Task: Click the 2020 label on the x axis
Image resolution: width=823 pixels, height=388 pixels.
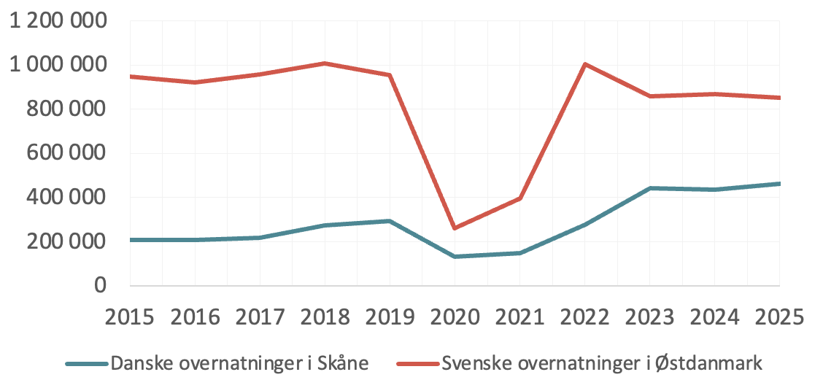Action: [x=455, y=319]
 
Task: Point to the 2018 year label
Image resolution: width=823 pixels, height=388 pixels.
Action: [x=325, y=319]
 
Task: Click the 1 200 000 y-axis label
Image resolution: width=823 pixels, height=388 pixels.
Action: [x=58, y=21]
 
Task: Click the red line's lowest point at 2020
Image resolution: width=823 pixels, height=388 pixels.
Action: [x=455, y=228]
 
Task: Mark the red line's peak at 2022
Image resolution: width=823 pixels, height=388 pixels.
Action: [x=584, y=64]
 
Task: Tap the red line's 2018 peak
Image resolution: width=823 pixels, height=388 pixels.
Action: [x=325, y=63]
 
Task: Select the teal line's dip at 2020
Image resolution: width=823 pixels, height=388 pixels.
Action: [x=455, y=257]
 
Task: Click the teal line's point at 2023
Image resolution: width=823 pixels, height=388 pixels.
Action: [x=649, y=188]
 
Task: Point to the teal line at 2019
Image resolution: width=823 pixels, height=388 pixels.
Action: [x=390, y=221]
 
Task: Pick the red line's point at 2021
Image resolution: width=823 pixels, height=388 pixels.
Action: [x=519, y=198]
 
